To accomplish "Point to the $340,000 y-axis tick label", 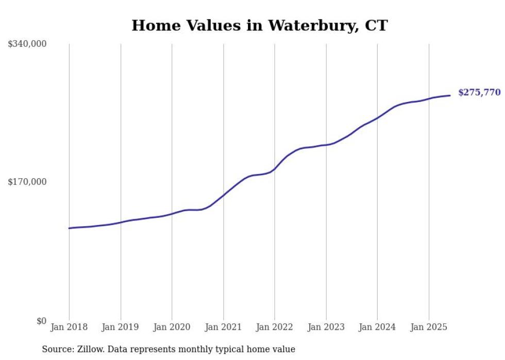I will (x=27, y=44).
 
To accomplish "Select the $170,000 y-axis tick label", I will (x=27, y=182).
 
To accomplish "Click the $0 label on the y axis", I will (x=41, y=321).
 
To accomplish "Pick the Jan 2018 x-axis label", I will (x=69, y=327).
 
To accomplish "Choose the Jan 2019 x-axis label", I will (x=121, y=327).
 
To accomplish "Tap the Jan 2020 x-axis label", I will (x=172, y=327).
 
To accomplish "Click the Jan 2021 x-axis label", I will (x=223, y=327).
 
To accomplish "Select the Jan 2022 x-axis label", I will (x=275, y=327).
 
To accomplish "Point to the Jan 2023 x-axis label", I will (x=326, y=327).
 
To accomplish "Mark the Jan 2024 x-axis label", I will (x=377, y=327).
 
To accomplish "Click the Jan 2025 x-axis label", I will (x=429, y=327).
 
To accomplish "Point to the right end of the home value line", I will (x=450, y=95).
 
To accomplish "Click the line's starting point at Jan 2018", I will (x=69, y=228).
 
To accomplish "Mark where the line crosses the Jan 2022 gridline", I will (x=275, y=168).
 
